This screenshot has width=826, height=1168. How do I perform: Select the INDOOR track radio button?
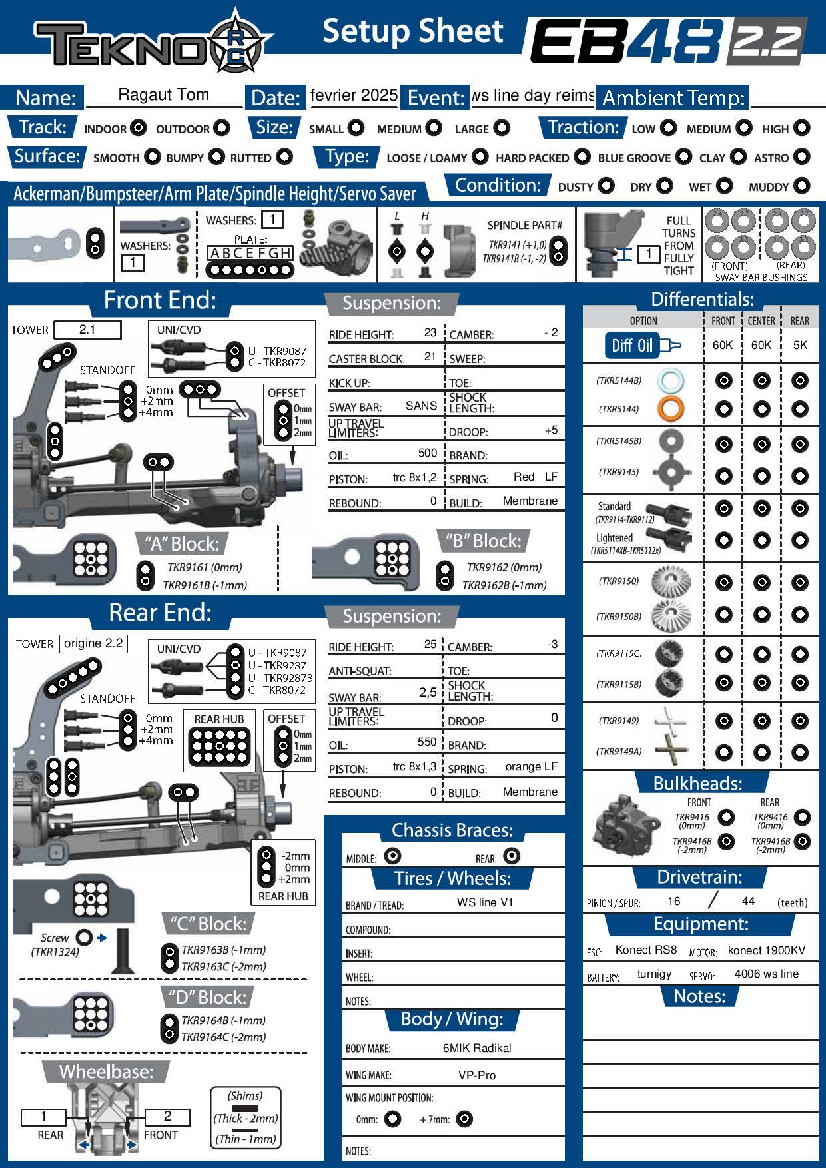[139, 128]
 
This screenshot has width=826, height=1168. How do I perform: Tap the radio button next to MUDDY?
[803, 186]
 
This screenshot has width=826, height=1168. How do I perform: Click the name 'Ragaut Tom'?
[163, 95]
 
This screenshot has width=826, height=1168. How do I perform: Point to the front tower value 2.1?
[87, 330]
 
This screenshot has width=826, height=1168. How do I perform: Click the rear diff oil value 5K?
[800, 345]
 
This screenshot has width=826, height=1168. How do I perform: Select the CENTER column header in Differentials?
[761, 321]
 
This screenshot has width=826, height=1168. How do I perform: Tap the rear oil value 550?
[426, 742]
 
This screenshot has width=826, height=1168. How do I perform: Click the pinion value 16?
[673, 901]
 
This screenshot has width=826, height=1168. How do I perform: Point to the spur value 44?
[748, 901]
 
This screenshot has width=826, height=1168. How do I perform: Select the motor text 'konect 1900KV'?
[766, 950]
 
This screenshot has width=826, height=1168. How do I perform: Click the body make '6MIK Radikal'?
[477, 1048]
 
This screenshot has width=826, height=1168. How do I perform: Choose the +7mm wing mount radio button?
[464, 1119]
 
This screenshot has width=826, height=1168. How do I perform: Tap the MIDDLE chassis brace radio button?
[393, 856]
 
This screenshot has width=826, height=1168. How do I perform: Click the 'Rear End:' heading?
[160, 613]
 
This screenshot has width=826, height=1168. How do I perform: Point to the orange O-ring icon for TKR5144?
[670, 408]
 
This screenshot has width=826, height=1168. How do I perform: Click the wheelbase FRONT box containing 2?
[167, 1117]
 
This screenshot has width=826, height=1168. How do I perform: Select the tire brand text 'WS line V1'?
[485, 902]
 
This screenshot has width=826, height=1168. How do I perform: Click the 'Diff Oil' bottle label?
[632, 345]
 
